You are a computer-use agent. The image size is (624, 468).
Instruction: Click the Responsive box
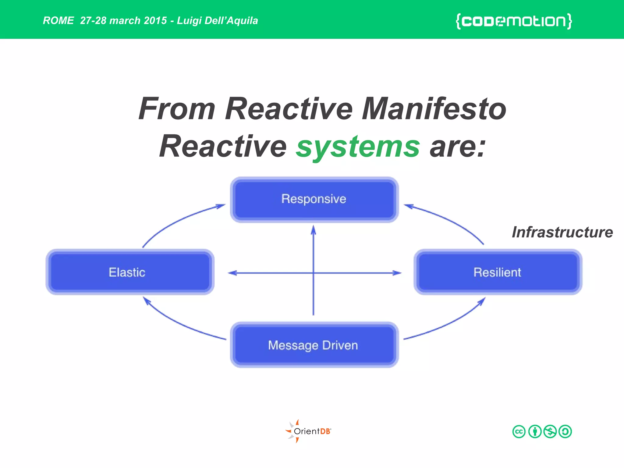point(314,200)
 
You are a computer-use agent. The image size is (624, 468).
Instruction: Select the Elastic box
point(130,272)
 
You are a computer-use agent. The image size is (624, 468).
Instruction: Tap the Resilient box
point(498,272)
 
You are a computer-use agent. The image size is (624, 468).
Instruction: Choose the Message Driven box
point(314,345)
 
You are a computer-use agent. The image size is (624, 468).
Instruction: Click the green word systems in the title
point(358,147)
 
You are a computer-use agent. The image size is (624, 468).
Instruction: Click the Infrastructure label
point(562,232)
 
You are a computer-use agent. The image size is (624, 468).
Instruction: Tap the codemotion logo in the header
point(514,21)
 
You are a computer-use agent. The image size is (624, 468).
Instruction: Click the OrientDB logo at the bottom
point(308,431)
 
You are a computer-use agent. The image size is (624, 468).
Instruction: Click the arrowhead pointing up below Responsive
point(314,230)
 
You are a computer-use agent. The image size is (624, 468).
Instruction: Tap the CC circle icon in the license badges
point(519,431)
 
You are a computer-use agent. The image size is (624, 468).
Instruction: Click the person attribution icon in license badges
point(535,431)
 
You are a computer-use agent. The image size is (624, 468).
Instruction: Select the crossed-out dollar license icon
point(550,431)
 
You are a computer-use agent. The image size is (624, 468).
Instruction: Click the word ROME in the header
point(58,21)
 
